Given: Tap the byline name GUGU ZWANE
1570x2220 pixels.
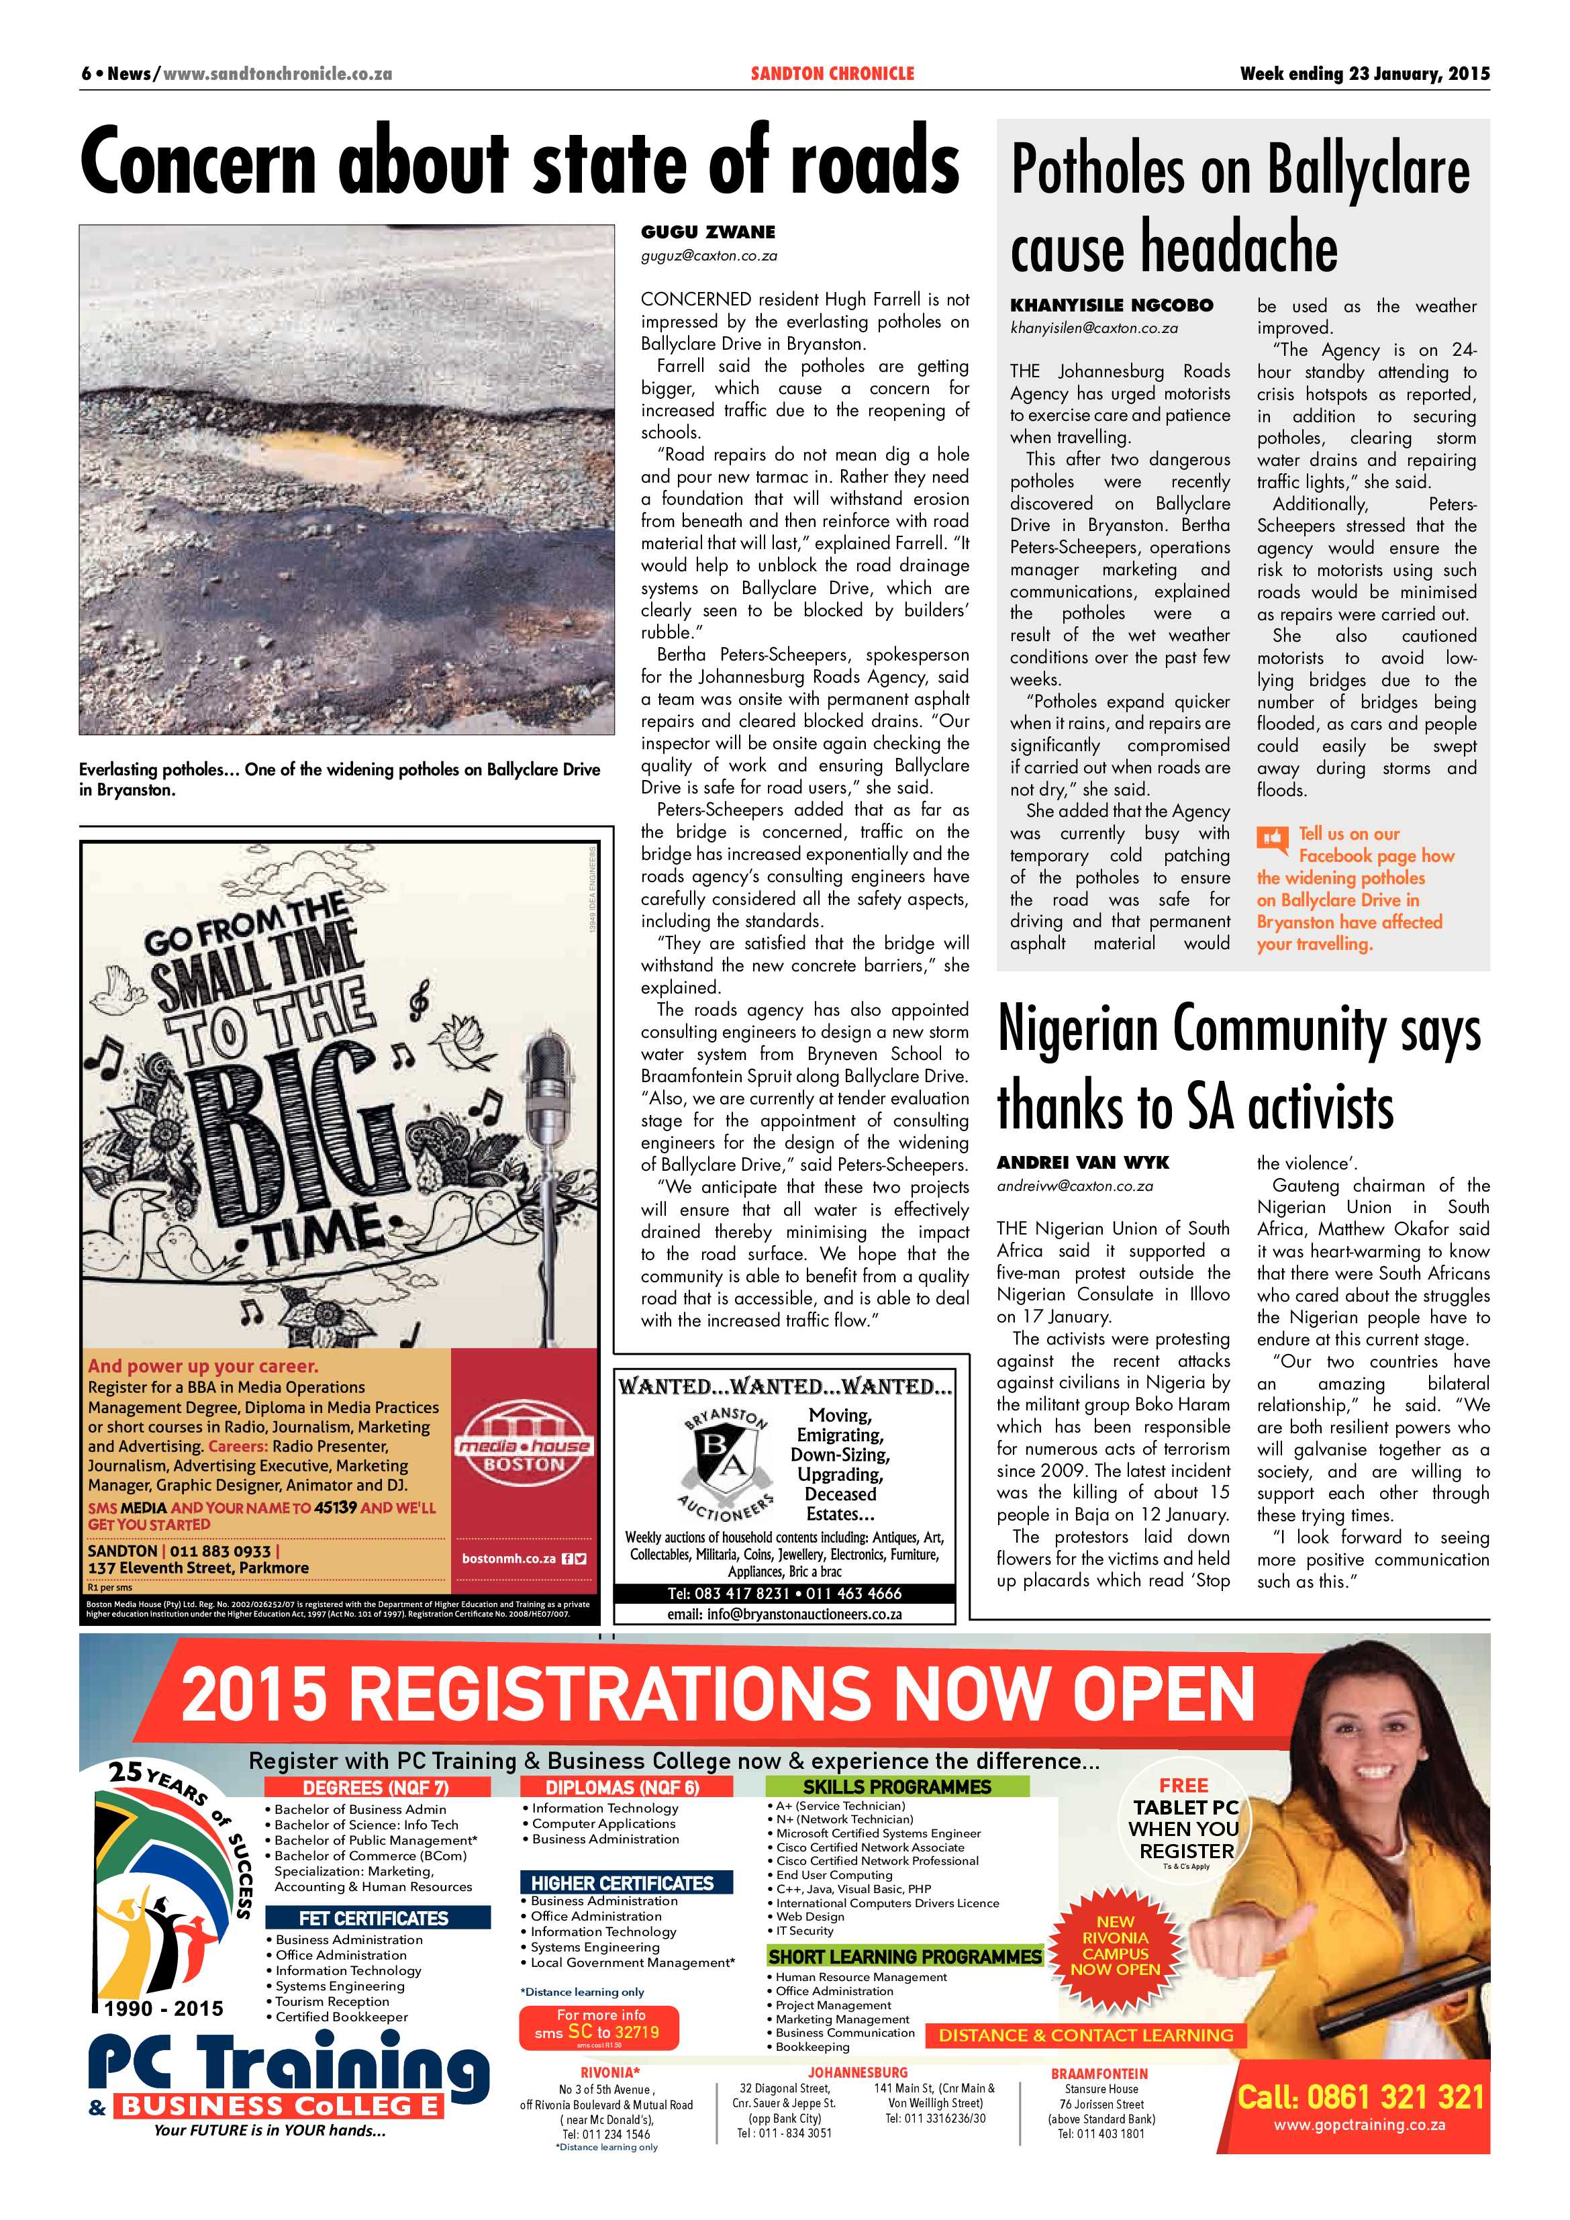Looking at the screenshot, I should [x=707, y=232].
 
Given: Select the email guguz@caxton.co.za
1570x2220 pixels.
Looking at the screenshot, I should [x=709, y=256].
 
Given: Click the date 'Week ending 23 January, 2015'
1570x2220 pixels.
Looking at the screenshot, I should [x=1364, y=73].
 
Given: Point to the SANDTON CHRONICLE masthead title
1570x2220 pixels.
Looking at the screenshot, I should [x=832, y=73].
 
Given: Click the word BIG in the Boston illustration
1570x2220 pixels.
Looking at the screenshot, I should [x=290, y=1131].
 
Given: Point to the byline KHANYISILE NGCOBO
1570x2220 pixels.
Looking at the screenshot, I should [x=1111, y=305].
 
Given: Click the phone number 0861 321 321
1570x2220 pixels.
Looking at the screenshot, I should [x=1360, y=2096].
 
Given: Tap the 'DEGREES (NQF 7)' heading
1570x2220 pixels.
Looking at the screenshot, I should [x=375, y=1788].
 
